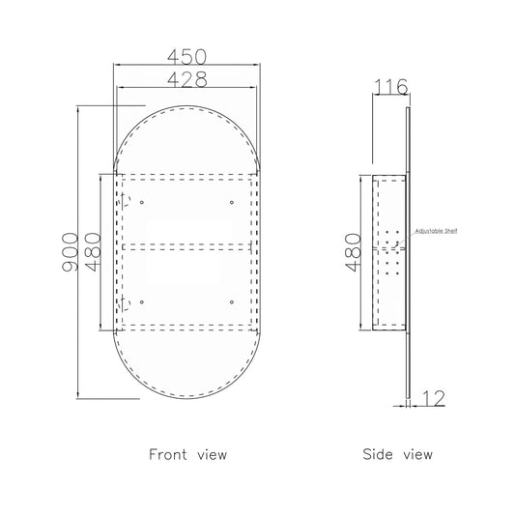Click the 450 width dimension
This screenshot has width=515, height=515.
click(x=186, y=57)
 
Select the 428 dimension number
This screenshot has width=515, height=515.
click(x=187, y=79)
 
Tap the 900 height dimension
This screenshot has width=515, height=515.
click(x=71, y=251)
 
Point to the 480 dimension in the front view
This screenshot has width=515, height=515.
click(x=94, y=252)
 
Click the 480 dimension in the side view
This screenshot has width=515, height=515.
click(x=354, y=252)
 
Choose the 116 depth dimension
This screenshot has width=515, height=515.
click(x=391, y=87)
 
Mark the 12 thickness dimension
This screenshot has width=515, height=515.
click(x=433, y=398)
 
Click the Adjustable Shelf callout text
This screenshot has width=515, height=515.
click(x=436, y=231)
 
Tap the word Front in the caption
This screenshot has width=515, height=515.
click(x=168, y=454)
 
